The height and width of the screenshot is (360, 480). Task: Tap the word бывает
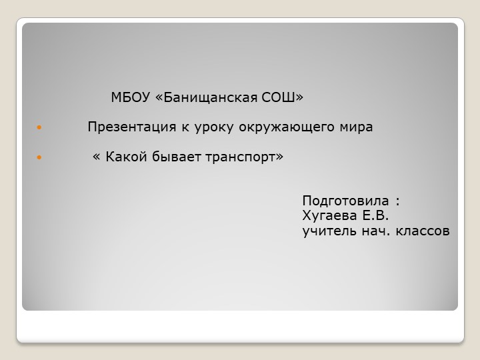click(169, 157)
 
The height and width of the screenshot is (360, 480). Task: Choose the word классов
click(423, 231)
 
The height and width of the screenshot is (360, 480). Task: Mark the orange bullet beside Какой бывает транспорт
click(39, 157)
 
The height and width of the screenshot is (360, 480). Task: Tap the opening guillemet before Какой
click(97, 157)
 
